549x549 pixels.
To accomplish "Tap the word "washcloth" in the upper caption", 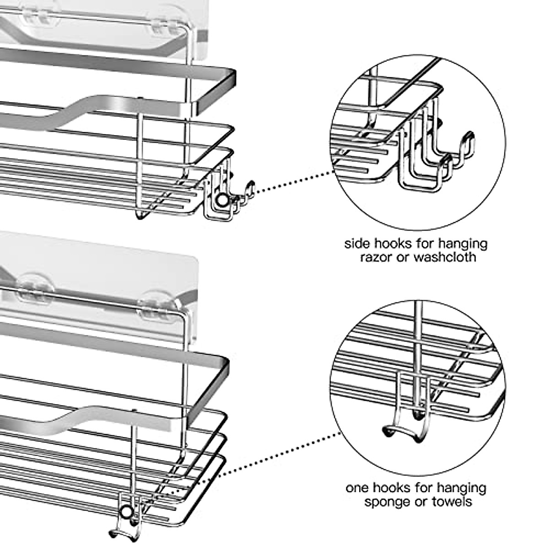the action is (445, 257).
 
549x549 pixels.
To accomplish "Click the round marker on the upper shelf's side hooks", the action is (221, 200).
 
